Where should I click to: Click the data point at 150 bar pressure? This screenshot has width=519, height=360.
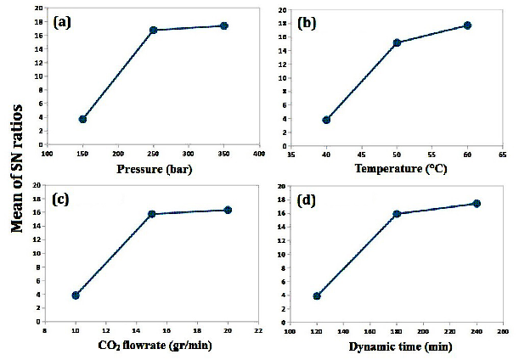(82, 119)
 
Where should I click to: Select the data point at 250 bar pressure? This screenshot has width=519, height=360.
(154, 30)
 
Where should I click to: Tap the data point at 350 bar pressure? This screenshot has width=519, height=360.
(224, 25)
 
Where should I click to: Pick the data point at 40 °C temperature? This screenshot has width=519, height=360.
(326, 120)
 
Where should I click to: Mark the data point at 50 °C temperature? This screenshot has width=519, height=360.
(397, 42)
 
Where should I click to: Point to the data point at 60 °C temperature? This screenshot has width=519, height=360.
(467, 25)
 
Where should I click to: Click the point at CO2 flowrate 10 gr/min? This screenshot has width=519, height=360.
(76, 295)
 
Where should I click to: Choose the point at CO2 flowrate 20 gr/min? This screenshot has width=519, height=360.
(228, 210)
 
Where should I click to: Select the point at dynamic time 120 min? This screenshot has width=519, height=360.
(317, 296)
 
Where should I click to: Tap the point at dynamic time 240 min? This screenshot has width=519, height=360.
(477, 204)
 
